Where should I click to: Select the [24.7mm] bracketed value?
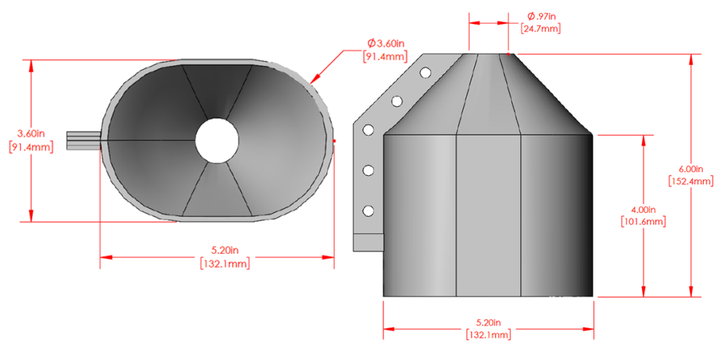pos(540,29)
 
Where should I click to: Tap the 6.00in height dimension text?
pos(686,169)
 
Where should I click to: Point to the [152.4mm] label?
pos(686,181)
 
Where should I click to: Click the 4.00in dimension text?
pos(644,210)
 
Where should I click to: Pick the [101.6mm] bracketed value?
pos(644,221)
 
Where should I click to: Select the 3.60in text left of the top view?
pos(31,134)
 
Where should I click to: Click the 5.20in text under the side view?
pos(489,323)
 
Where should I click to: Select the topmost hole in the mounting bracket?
pos(425,72)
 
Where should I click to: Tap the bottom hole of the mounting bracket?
pos(367,211)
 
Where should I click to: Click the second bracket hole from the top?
pos(397,101)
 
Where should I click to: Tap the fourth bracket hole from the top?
pos(367,170)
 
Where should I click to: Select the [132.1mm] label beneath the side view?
pos(489,335)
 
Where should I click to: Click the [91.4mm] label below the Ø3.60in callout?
pos(384,56)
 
